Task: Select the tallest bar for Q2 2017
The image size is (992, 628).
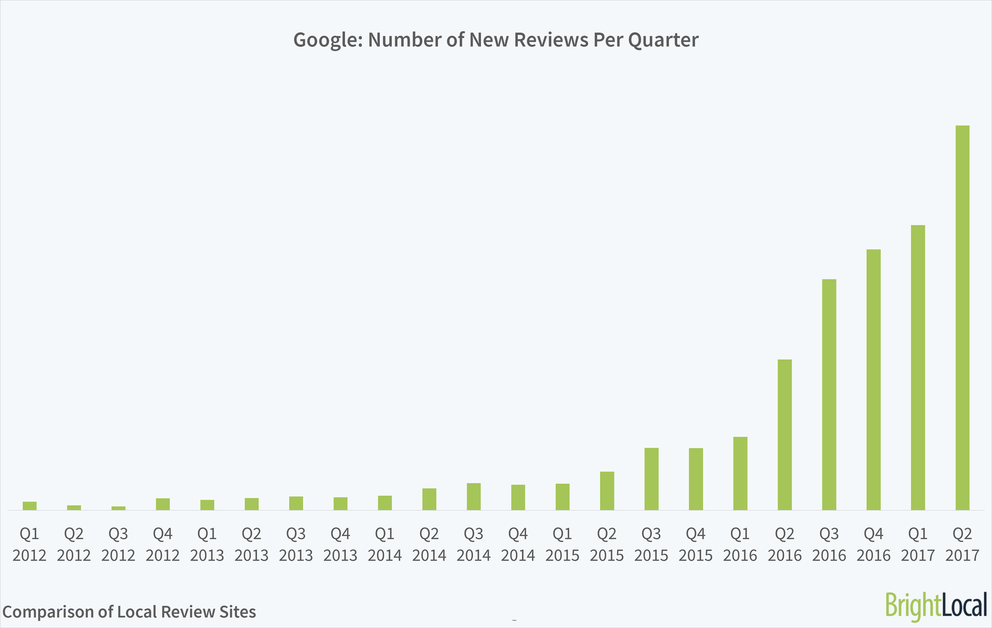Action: coord(962,317)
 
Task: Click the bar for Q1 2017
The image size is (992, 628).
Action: coord(918,367)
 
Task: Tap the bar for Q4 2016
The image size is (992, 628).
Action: coord(873,379)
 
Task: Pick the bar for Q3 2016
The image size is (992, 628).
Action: coord(829,395)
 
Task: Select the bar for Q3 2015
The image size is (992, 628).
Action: coord(651,479)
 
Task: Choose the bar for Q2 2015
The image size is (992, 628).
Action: coord(607,491)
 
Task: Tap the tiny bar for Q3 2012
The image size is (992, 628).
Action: coord(118,508)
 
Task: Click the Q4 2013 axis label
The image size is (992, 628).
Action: coord(340,545)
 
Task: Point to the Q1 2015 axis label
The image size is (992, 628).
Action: coord(562,545)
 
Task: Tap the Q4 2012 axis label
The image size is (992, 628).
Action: coord(162,545)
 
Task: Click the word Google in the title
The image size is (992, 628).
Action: coord(328,40)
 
